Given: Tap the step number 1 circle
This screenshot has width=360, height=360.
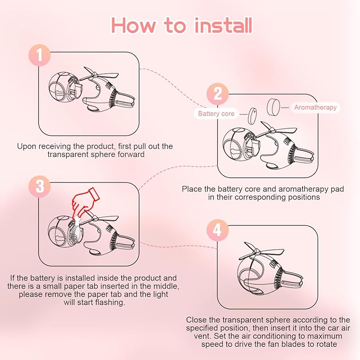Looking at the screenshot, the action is [x=39, y=55].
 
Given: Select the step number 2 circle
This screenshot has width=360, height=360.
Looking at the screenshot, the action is [x=218, y=94].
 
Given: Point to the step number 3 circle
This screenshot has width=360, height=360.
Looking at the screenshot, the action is [x=39, y=187].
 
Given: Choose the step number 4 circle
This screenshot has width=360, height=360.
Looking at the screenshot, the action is [x=217, y=230].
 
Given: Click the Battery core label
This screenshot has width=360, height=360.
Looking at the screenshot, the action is [x=216, y=113].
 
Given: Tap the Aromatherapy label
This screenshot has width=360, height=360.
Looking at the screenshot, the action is [x=315, y=108].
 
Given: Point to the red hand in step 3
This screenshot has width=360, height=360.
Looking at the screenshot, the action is [x=84, y=201].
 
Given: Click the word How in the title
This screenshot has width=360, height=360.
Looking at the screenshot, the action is [x=133, y=25].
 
